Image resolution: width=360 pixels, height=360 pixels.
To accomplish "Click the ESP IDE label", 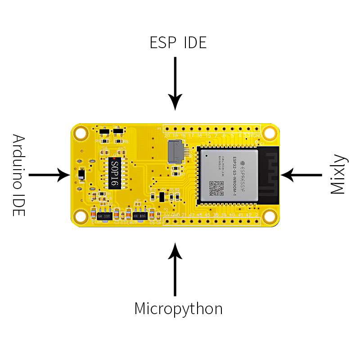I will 178,42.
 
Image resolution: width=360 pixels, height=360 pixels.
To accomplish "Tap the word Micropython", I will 178,309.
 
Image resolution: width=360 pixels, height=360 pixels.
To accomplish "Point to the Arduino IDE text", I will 18,175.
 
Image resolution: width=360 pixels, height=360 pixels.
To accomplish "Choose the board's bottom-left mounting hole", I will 81,216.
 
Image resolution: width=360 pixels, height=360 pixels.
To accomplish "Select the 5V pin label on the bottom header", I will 167,215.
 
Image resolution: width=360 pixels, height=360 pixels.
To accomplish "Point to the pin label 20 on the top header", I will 167,135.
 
